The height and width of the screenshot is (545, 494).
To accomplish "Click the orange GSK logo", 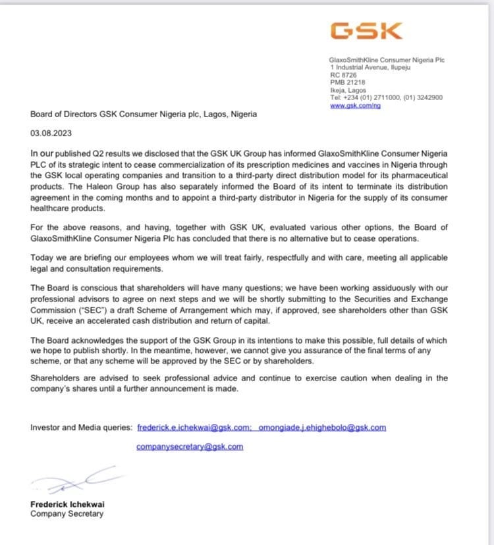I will click(366, 30).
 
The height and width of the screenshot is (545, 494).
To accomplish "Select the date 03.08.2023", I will click(49, 132).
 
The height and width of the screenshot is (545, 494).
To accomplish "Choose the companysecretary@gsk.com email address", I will click(190, 446).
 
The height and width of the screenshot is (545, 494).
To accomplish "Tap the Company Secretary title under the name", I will click(67, 513).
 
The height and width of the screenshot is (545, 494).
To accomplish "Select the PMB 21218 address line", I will click(347, 83).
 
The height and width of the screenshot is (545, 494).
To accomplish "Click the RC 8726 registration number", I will click(344, 75).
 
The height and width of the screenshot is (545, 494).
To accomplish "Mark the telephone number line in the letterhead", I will click(386, 97).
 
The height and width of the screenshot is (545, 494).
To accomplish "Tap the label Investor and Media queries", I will click(81, 428).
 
